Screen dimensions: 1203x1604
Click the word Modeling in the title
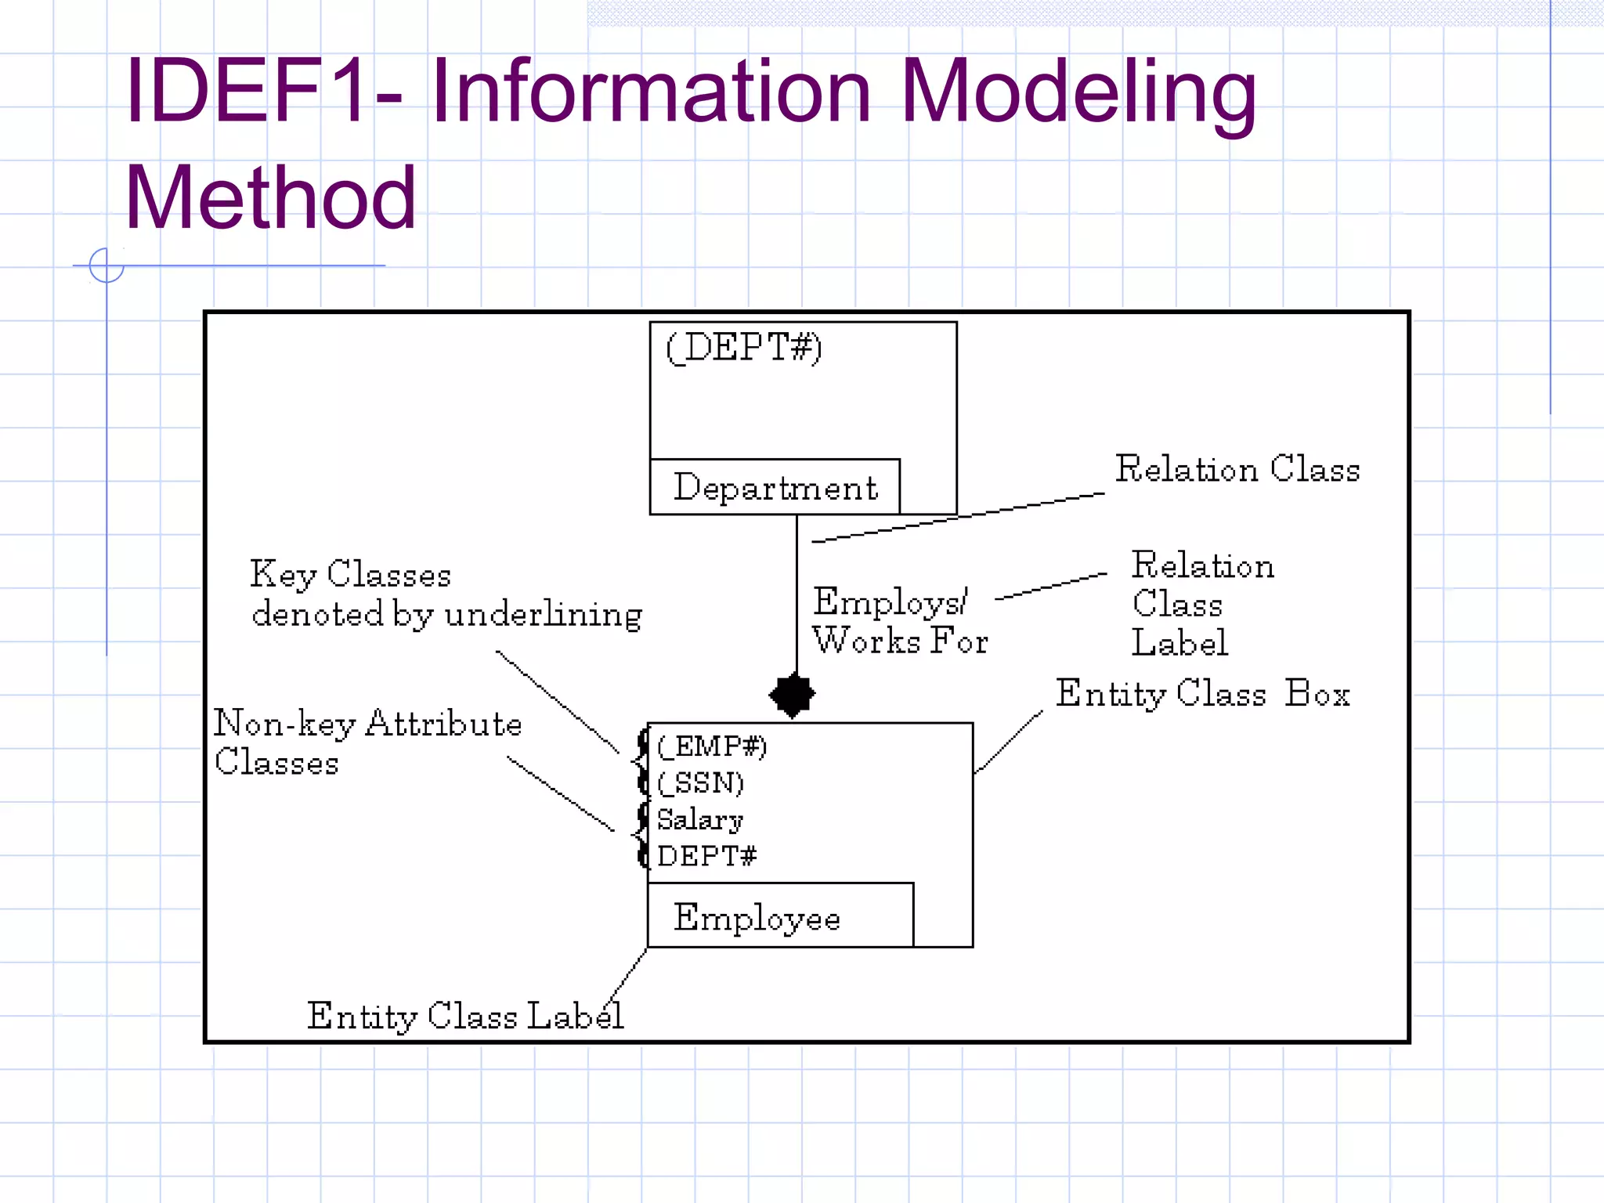pyautogui.click(x=1078, y=92)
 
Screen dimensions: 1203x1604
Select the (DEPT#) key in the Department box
pyautogui.click(x=743, y=347)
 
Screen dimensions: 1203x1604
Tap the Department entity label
pyautogui.click(x=775, y=488)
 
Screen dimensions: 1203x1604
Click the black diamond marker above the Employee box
pyautogui.click(x=793, y=695)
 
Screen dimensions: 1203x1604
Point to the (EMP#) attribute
pyautogui.click(x=711, y=746)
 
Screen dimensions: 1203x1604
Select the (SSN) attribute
pyautogui.click(x=700, y=782)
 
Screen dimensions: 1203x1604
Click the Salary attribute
pyautogui.click(x=699, y=819)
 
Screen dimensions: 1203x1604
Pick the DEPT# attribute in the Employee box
pyautogui.click(x=706, y=856)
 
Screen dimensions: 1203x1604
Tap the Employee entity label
pyautogui.click(x=757, y=917)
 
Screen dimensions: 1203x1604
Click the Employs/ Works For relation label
pyautogui.click(x=899, y=620)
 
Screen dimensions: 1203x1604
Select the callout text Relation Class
pyautogui.click(x=1237, y=469)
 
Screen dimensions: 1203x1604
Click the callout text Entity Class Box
pyautogui.click(x=1202, y=694)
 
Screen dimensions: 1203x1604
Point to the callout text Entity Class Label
pyautogui.click(x=465, y=1016)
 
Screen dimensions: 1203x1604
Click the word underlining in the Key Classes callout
pyautogui.click(x=543, y=615)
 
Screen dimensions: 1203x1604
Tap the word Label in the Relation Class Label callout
pyautogui.click(x=1180, y=643)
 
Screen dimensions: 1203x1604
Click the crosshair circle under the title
pyautogui.click(x=107, y=266)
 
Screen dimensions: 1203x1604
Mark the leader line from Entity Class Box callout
pyautogui.click(x=1009, y=742)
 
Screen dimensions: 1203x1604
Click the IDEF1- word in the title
pyautogui.click(x=263, y=92)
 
